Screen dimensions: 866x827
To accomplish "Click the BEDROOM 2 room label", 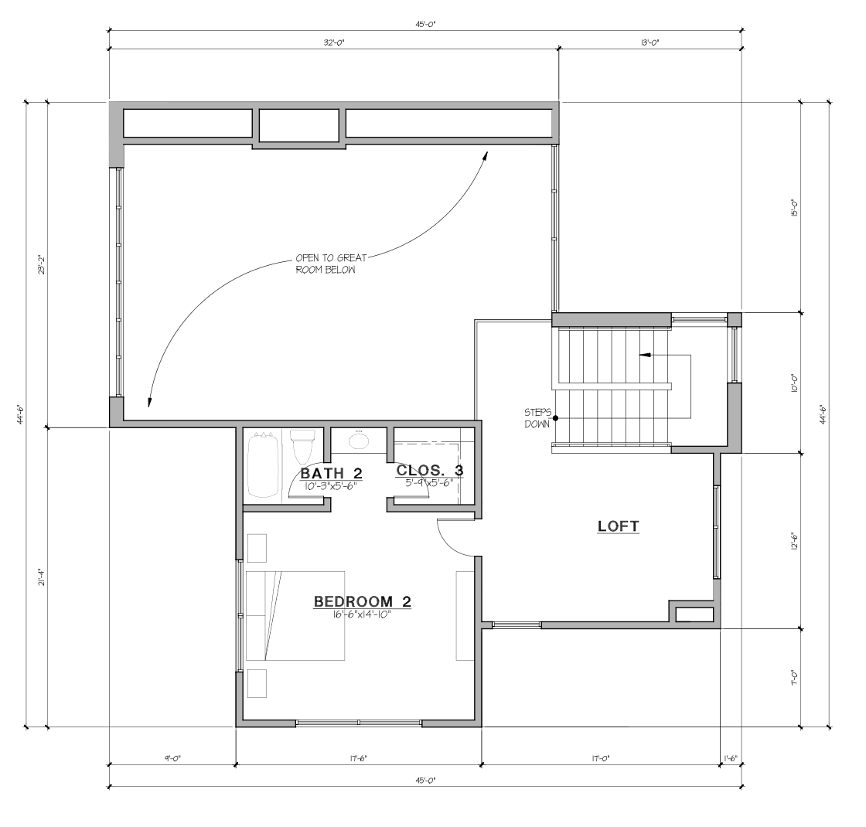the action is point(363,601).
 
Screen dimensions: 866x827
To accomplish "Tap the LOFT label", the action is point(618,526).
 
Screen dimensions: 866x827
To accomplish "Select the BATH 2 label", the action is point(331,473).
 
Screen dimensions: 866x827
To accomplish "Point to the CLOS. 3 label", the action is point(430,471).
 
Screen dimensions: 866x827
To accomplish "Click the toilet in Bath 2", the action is point(302,446).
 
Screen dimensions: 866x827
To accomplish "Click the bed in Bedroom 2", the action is point(295,615).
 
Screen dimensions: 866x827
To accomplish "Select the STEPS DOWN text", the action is point(537,418).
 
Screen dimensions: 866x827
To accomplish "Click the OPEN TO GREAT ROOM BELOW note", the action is point(331,264).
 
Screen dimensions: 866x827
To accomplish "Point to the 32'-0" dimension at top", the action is point(334,42).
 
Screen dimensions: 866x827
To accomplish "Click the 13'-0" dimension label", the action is point(650,42).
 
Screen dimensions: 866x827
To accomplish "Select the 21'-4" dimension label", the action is point(40,577).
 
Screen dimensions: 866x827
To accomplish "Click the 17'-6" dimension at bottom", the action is point(358,758).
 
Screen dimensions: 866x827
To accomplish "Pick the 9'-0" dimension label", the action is point(172,758).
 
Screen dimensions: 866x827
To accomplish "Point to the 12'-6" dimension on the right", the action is point(793,541).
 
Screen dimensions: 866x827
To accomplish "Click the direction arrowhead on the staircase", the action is point(644,355).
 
